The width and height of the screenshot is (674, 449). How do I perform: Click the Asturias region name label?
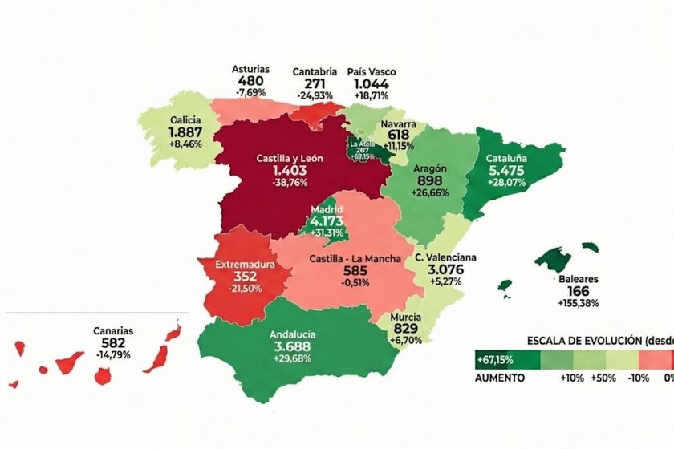coord(250,70)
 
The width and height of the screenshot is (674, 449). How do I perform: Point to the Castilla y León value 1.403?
coord(290,171)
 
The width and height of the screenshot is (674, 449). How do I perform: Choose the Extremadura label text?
coord(246,264)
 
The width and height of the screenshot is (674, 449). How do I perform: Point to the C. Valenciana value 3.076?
coord(445,269)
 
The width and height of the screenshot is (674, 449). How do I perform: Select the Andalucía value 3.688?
coord(293,347)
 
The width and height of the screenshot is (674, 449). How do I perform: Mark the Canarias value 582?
coord(112,342)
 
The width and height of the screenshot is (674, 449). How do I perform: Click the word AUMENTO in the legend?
coord(499,377)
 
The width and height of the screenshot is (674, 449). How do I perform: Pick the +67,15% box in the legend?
coord(498,360)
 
